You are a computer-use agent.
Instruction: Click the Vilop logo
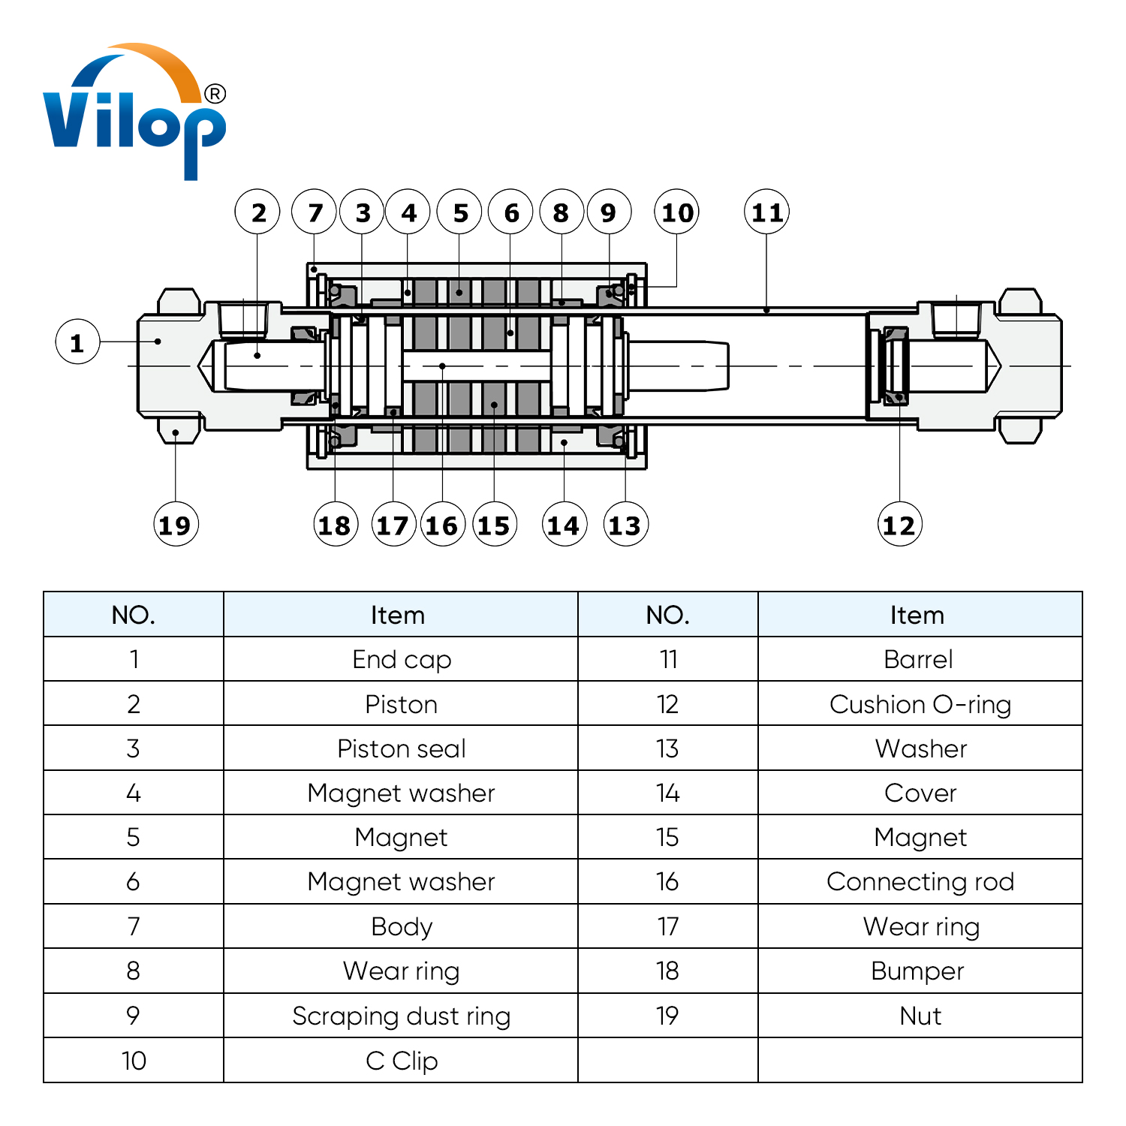click(134, 113)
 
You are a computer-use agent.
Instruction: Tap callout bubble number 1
click(77, 342)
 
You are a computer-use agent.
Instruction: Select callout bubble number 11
click(766, 212)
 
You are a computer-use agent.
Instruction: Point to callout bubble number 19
click(176, 524)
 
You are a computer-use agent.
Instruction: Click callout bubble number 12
click(899, 524)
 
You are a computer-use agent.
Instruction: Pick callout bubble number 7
click(314, 212)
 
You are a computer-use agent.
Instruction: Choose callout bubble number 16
click(442, 524)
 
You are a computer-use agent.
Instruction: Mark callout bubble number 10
click(676, 212)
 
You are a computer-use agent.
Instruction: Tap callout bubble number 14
click(564, 524)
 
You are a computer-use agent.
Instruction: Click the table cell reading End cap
click(401, 659)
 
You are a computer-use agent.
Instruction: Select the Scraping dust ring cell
click(401, 1016)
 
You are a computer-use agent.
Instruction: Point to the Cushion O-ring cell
click(920, 704)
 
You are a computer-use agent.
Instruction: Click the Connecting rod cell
click(920, 881)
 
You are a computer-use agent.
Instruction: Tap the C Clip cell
click(401, 1060)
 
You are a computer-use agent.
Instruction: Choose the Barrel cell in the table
click(920, 659)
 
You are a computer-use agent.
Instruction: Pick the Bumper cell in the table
click(920, 971)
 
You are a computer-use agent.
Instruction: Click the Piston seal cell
click(401, 748)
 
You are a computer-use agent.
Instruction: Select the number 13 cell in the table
click(667, 748)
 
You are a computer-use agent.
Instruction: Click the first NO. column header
click(134, 615)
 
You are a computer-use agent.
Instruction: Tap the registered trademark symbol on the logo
click(215, 94)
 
